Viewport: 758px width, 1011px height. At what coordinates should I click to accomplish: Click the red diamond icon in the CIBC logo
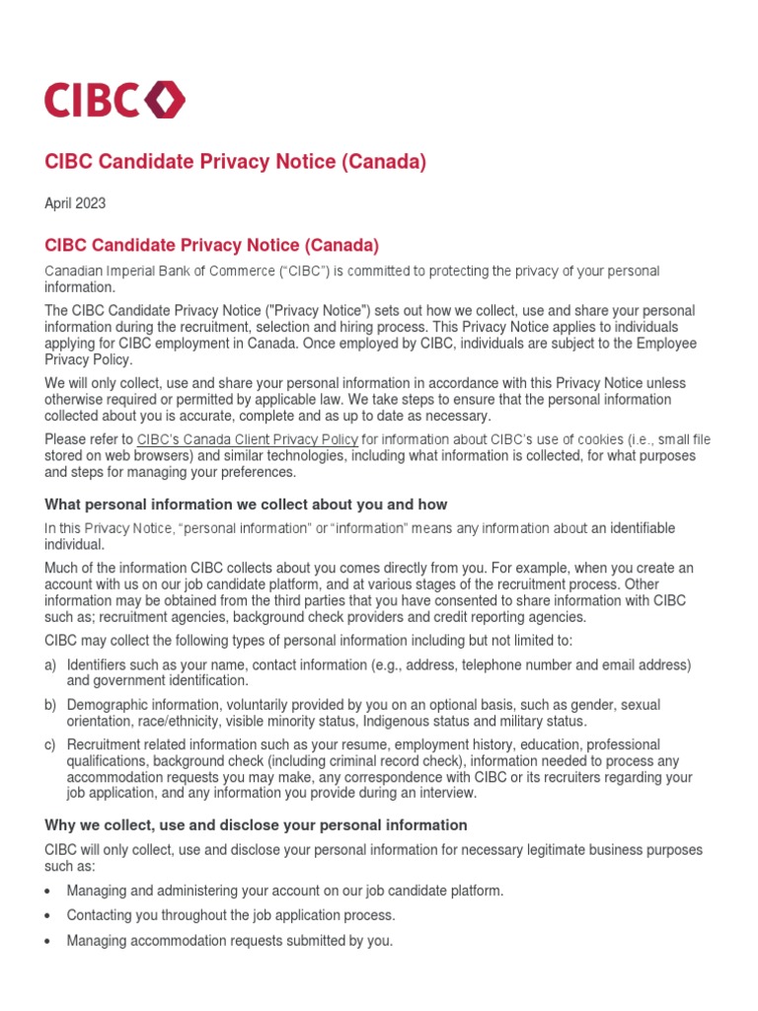tap(165, 100)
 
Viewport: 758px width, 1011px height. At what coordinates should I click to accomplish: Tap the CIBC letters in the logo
tap(93, 100)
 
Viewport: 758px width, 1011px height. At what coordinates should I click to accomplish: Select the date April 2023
tap(75, 203)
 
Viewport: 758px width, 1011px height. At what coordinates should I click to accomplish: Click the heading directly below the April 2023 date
tap(212, 244)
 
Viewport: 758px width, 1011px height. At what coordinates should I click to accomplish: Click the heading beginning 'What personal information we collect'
tap(246, 505)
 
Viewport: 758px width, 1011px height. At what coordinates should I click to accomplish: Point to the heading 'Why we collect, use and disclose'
tap(256, 824)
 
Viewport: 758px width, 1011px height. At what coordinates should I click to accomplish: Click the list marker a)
tap(50, 664)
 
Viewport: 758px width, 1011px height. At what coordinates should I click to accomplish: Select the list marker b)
tap(50, 705)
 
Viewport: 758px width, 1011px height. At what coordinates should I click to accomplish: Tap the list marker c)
tap(50, 744)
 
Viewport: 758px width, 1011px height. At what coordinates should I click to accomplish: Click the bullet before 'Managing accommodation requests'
tap(49, 942)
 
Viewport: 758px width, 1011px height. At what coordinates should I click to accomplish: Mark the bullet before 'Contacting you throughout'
tap(49, 916)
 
